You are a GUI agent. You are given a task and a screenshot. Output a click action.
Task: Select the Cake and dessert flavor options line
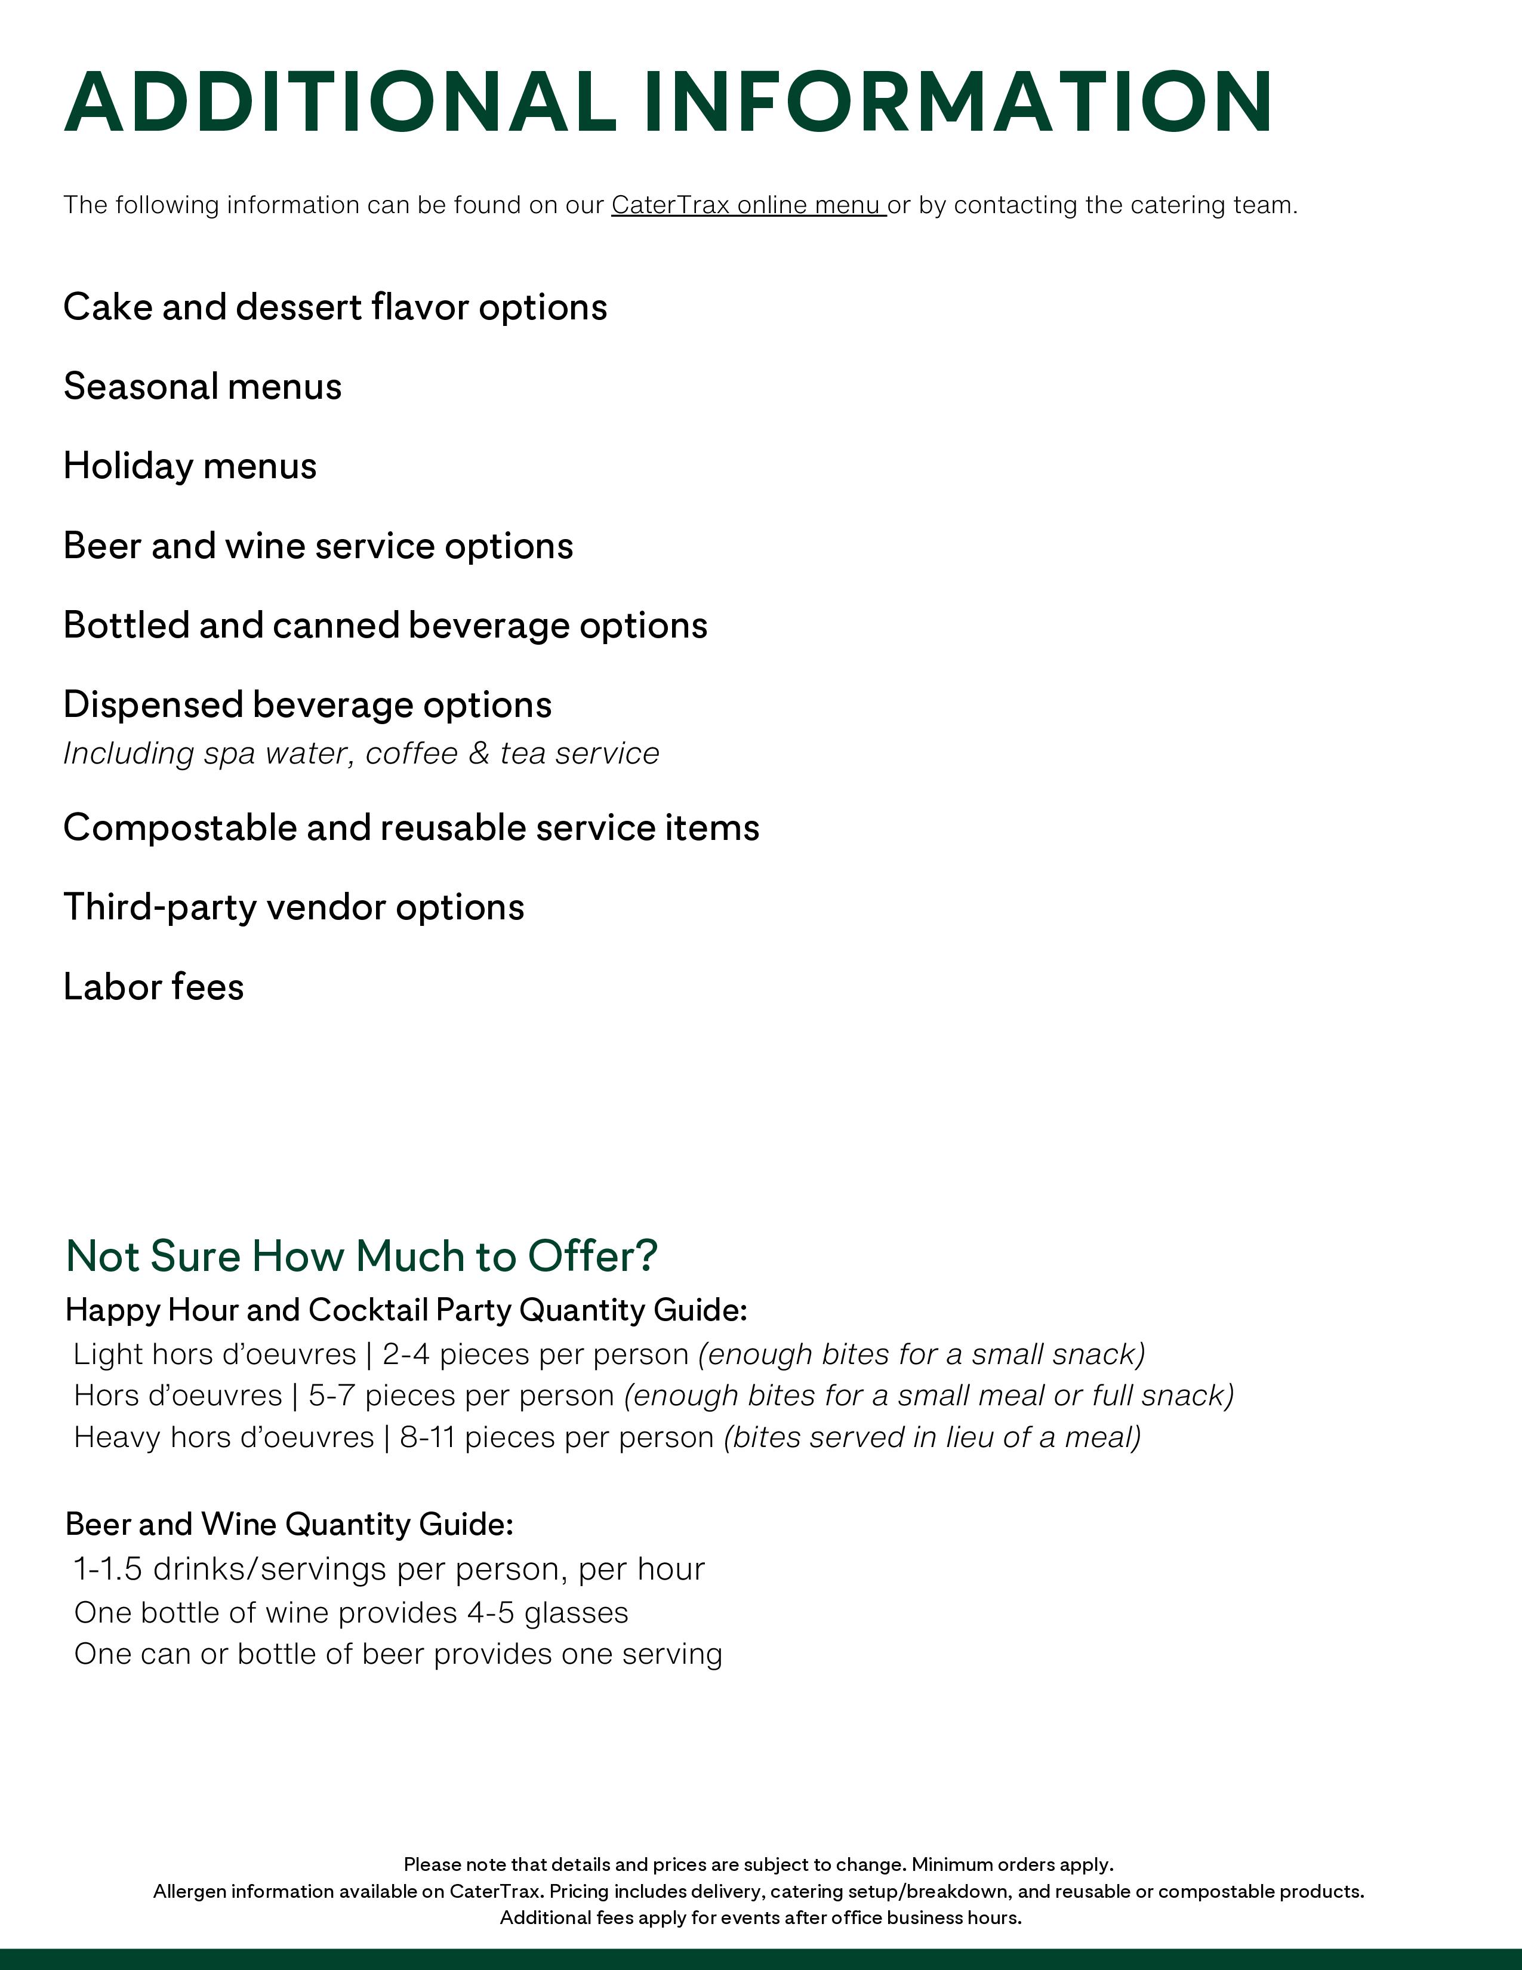[x=334, y=307]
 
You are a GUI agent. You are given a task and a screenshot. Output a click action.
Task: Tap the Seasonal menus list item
[x=202, y=387]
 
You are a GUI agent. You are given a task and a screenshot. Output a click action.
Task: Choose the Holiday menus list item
[x=189, y=466]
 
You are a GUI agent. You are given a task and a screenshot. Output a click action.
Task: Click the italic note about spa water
[x=361, y=753]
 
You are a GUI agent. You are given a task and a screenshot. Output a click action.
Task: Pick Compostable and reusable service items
[x=411, y=827]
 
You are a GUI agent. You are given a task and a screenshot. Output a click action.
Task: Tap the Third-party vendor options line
[x=293, y=907]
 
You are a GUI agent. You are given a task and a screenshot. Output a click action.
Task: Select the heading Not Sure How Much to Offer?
[x=362, y=1255]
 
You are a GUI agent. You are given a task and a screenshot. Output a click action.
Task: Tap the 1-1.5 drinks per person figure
[x=107, y=1569]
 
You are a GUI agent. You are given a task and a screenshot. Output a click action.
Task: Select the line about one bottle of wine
[x=351, y=1613]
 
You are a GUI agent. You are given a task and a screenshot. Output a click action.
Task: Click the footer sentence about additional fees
[x=760, y=1917]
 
